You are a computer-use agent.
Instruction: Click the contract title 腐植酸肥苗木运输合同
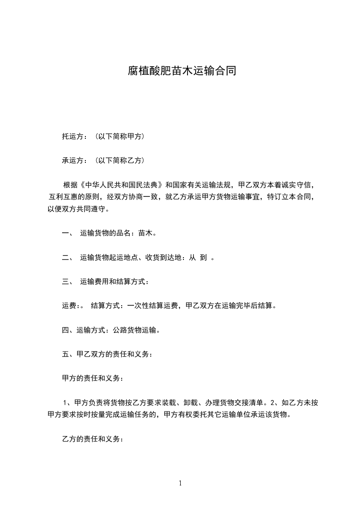click(181, 71)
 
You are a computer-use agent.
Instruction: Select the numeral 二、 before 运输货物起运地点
click(68, 258)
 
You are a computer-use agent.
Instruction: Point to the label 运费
click(70, 306)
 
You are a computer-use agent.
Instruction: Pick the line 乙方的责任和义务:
click(92, 439)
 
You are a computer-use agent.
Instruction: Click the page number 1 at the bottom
click(180, 483)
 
